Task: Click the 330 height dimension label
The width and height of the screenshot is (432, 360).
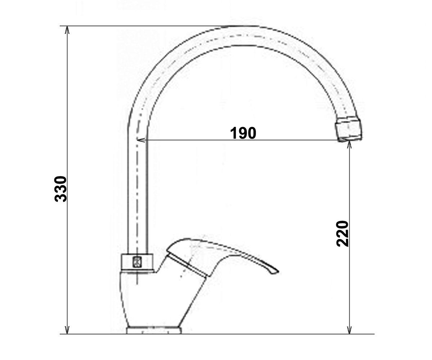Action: click(x=60, y=189)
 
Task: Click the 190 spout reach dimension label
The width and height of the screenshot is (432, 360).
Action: click(x=243, y=133)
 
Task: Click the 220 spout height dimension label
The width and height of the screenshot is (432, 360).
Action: click(x=343, y=234)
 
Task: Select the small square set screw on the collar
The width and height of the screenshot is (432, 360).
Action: click(x=137, y=262)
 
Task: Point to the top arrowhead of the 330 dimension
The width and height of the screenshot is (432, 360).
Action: click(x=67, y=30)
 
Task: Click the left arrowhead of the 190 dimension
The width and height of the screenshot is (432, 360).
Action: click(x=141, y=140)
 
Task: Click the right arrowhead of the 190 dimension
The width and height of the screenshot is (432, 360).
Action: click(x=345, y=140)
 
